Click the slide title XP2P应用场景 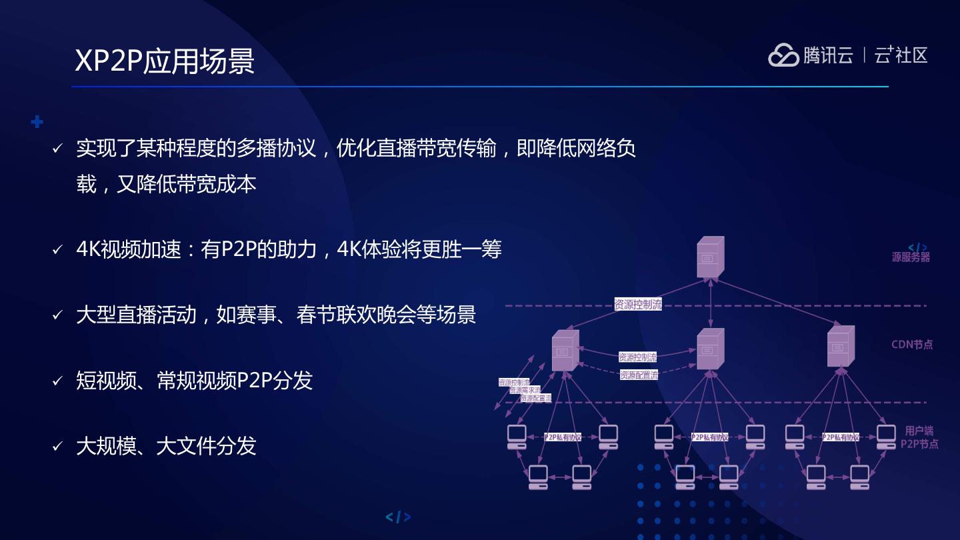(x=165, y=61)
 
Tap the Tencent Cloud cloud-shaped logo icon (x=783, y=55)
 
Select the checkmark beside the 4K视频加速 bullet (x=57, y=251)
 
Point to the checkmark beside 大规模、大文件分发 (x=57, y=447)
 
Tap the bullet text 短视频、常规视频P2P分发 (x=194, y=381)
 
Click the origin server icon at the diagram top (x=710, y=257)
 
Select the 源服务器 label (x=911, y=257)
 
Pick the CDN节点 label (x=912, y=345)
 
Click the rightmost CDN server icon (x=840, y=347)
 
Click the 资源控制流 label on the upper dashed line (x=638, y=305)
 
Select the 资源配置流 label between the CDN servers (x=639, y=375)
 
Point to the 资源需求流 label (x=525, y=390)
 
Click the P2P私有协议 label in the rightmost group (x=840, y=437)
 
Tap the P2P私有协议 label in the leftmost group (x=563, y=437)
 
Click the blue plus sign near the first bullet (x=37, y=122)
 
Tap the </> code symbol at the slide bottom (x=398, y=517)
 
